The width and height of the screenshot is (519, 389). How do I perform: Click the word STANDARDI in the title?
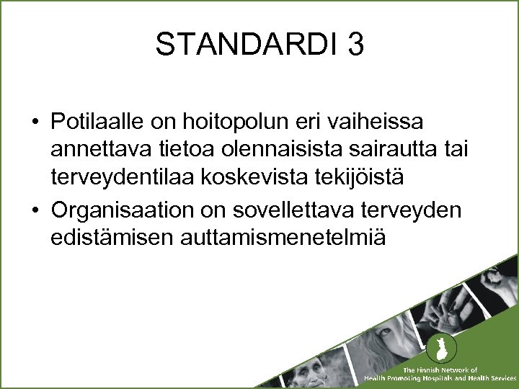(x=246, y=45)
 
